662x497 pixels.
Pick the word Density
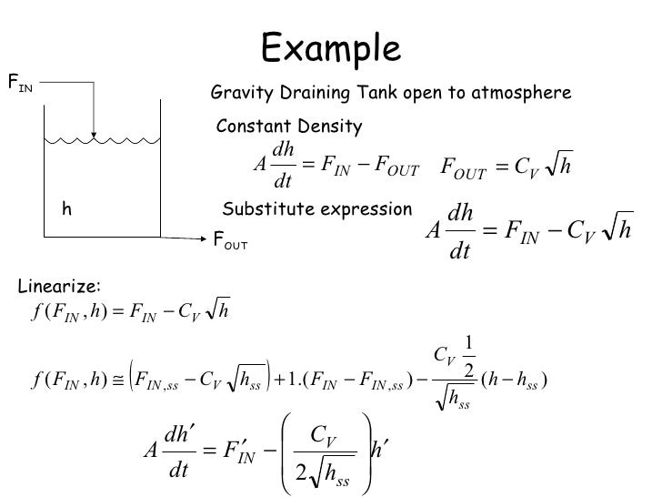tap(331, 127)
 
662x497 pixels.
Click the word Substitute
tap(263, 209)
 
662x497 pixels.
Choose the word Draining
tap(308, 94)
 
